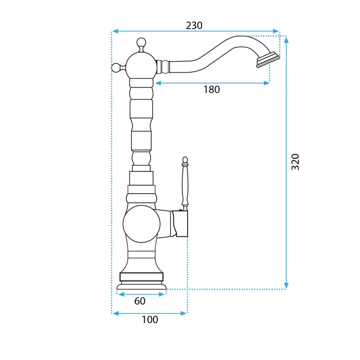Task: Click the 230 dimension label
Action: tap(194, 26)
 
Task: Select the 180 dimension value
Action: tap(212, 90)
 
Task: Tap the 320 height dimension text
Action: tap(295, 162)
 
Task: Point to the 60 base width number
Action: tap(140, 301)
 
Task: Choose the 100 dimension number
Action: tap(150, 320)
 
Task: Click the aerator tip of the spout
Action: tap(268, 60)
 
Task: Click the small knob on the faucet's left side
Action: tap(116, 67)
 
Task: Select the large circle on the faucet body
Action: tap(141, 224)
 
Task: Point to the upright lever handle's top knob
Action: tap(185, 160)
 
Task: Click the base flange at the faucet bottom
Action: tap(141, 286)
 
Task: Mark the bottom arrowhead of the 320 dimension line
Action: tap(286, 286)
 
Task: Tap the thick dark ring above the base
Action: tap(141, 277)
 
